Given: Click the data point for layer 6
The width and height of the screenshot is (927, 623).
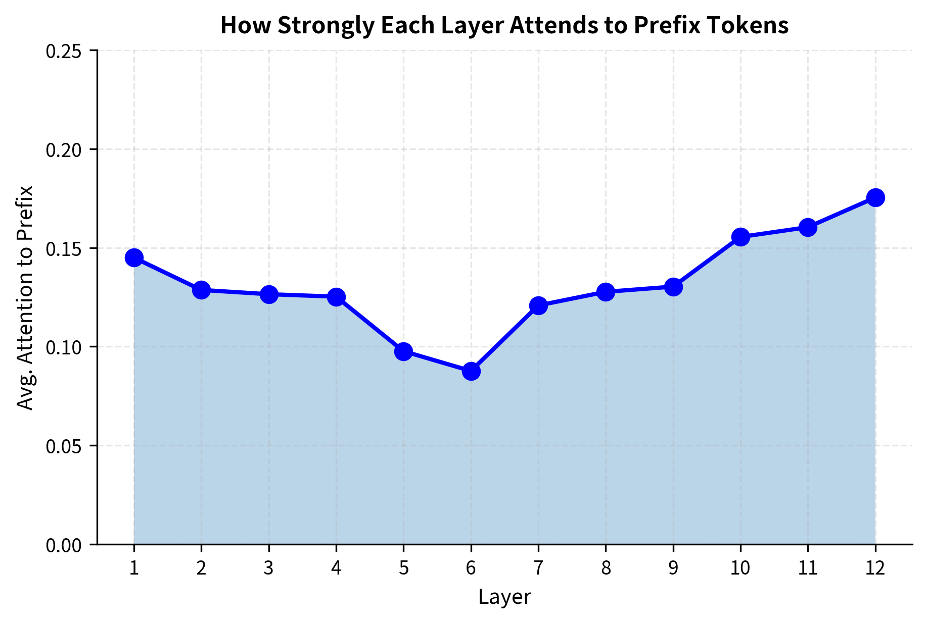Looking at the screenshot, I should click(x=471, y=371).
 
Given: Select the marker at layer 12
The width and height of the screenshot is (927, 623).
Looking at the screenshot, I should click(x=875, y=197).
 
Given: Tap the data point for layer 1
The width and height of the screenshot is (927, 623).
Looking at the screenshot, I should click(x=134, y=257).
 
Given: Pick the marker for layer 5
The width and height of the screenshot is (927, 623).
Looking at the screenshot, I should click(x=403, y=351).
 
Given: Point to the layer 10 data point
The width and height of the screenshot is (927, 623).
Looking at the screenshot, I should click(x=740, y=236).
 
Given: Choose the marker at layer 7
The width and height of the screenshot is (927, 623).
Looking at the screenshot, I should click(x=538, y=305).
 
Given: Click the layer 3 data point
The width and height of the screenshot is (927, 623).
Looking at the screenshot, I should click(x=269, y=294).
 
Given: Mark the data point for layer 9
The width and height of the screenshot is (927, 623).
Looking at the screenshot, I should click(x=673, y=287).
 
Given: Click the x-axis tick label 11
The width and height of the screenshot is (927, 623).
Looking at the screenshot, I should click(x=808, y=569).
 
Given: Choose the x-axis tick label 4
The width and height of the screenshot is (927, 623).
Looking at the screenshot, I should click(x=336, y=569).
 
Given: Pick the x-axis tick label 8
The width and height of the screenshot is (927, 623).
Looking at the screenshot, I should click(x=606, y=569).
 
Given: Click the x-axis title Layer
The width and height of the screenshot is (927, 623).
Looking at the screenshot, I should click(x=504, y=597).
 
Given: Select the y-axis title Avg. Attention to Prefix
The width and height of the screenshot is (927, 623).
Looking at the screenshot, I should click(x=25, y=298).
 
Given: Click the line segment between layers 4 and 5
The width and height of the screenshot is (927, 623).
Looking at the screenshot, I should click(x=369, y=324).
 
